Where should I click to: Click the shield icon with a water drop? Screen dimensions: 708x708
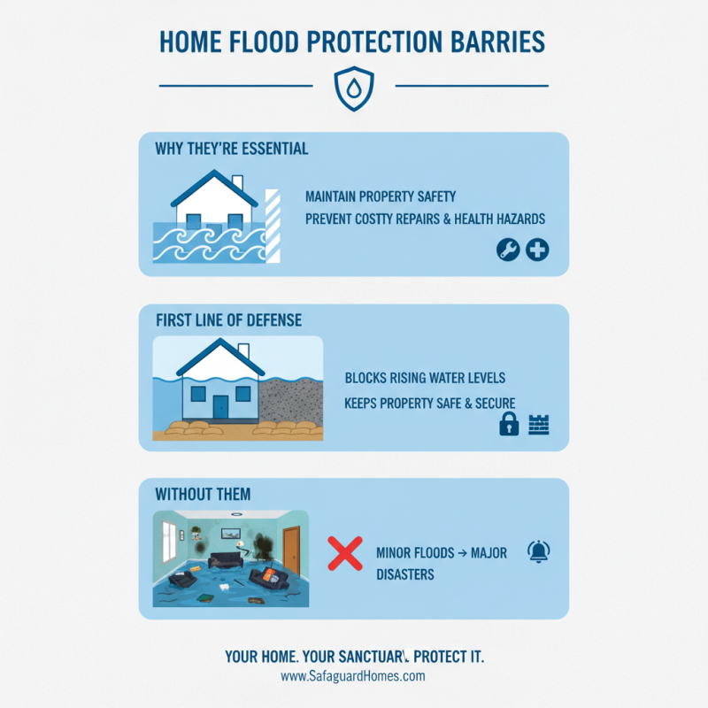click(353, 87)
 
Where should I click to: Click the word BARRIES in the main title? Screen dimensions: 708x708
click(496, 42)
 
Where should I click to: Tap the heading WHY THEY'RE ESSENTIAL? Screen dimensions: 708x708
click(232, 148)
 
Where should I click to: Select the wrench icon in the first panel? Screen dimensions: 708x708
click(507, 250)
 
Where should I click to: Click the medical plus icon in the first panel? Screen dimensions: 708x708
click(537, 250)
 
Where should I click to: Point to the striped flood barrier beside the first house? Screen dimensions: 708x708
click(273, 225)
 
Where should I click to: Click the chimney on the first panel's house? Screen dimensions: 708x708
click(237, 183)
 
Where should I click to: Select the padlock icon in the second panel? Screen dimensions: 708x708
click(509, 425)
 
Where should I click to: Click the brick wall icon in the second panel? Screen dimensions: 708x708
click(538, 425)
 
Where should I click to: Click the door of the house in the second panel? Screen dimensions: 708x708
click(219, 406)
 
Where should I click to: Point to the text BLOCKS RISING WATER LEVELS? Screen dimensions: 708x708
click(425, 378)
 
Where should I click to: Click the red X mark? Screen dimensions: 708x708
click(345, 553)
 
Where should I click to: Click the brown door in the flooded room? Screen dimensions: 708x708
click(290, 550)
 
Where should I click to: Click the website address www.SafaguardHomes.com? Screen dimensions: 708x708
click(353, 676)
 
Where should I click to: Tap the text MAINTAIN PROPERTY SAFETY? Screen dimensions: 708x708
click(381, 196)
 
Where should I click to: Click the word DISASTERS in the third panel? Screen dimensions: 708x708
click(404, 574)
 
